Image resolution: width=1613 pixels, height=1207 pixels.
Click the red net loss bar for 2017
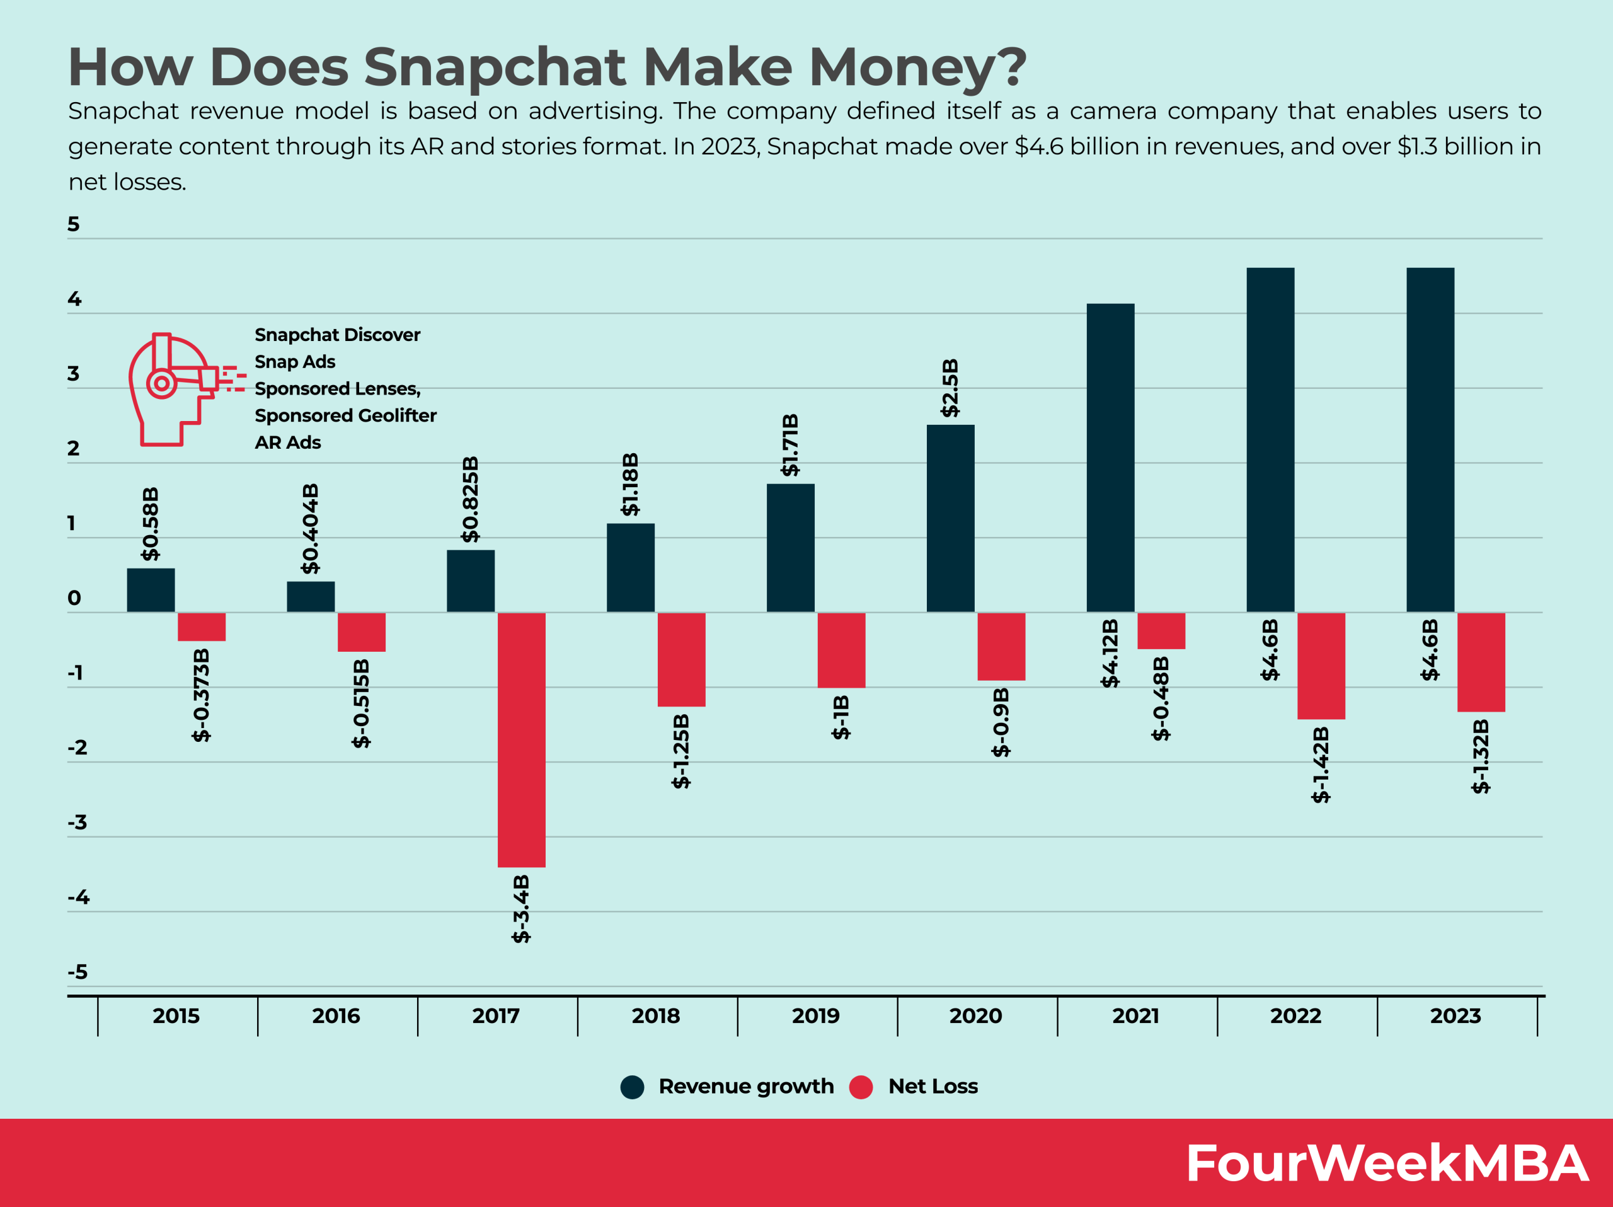click(521, 739)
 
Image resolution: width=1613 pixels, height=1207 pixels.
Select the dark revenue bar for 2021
click(1110, 458)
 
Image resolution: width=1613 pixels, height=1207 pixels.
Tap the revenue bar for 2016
click(311, 597)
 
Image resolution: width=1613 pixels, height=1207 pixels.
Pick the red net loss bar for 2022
click(1321, 665)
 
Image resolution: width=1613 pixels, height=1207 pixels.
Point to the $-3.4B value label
click(521, 908)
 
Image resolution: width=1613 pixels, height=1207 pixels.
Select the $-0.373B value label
click(201, 695)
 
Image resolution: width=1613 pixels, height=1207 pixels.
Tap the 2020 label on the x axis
click(975, 1015)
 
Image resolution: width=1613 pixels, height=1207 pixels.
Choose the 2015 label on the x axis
click(176, 1015)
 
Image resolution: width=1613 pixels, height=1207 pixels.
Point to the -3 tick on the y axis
click(77, 822)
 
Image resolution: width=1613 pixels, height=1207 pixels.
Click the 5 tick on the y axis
click(74, 224)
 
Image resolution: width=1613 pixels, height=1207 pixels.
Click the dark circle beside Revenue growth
click(632, 1087)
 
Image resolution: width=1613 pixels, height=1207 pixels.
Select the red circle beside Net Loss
click(861, 1087)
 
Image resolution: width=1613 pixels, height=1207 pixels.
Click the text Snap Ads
click(295, 362)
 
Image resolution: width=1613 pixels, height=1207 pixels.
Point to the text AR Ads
click(287, 442)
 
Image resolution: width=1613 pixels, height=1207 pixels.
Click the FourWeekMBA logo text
click(1386, 1164)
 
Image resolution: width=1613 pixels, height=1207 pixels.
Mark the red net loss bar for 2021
click(1161, 630)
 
